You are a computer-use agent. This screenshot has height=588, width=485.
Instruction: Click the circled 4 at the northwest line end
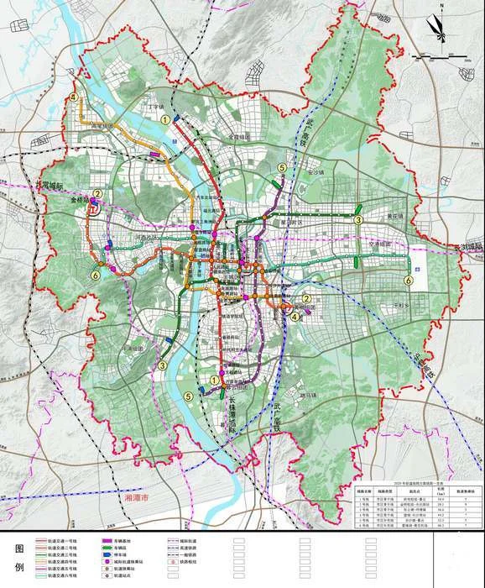[75, 97]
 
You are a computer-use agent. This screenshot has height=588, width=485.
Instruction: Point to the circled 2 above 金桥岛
[97, 193]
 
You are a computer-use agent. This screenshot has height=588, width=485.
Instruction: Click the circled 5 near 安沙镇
[282, 168]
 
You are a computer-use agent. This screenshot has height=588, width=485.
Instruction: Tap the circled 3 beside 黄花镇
[357, 220]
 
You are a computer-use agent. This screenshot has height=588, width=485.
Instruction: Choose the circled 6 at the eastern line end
[409, 281]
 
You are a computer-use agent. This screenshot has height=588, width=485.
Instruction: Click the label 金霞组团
[239, 136]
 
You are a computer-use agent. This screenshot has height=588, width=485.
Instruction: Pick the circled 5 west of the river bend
[189, 396]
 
